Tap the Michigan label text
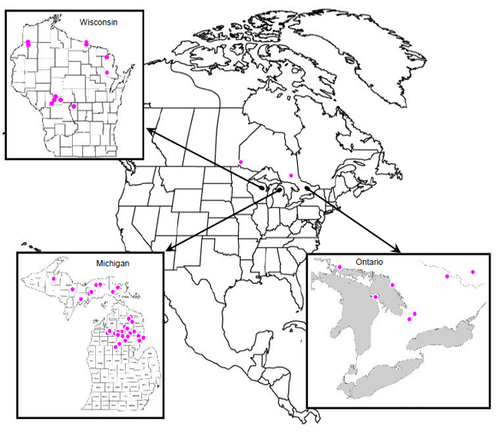pyautogui.click(x=112, y=263)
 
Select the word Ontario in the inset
pyautogui.click(x=370, y=262)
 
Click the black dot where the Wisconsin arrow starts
pyautogui.click(x=263, y=187)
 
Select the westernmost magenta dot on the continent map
pyautogui.click(x=240, y=162)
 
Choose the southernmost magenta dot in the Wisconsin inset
pyautogui.click(x=74, y=107)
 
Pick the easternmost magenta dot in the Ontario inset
pyautogui.click(x=473, y=272)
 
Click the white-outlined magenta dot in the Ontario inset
pyautogui.click(x=375, y=296)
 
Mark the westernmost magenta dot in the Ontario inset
pyautogui.click(x=340, y=267)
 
